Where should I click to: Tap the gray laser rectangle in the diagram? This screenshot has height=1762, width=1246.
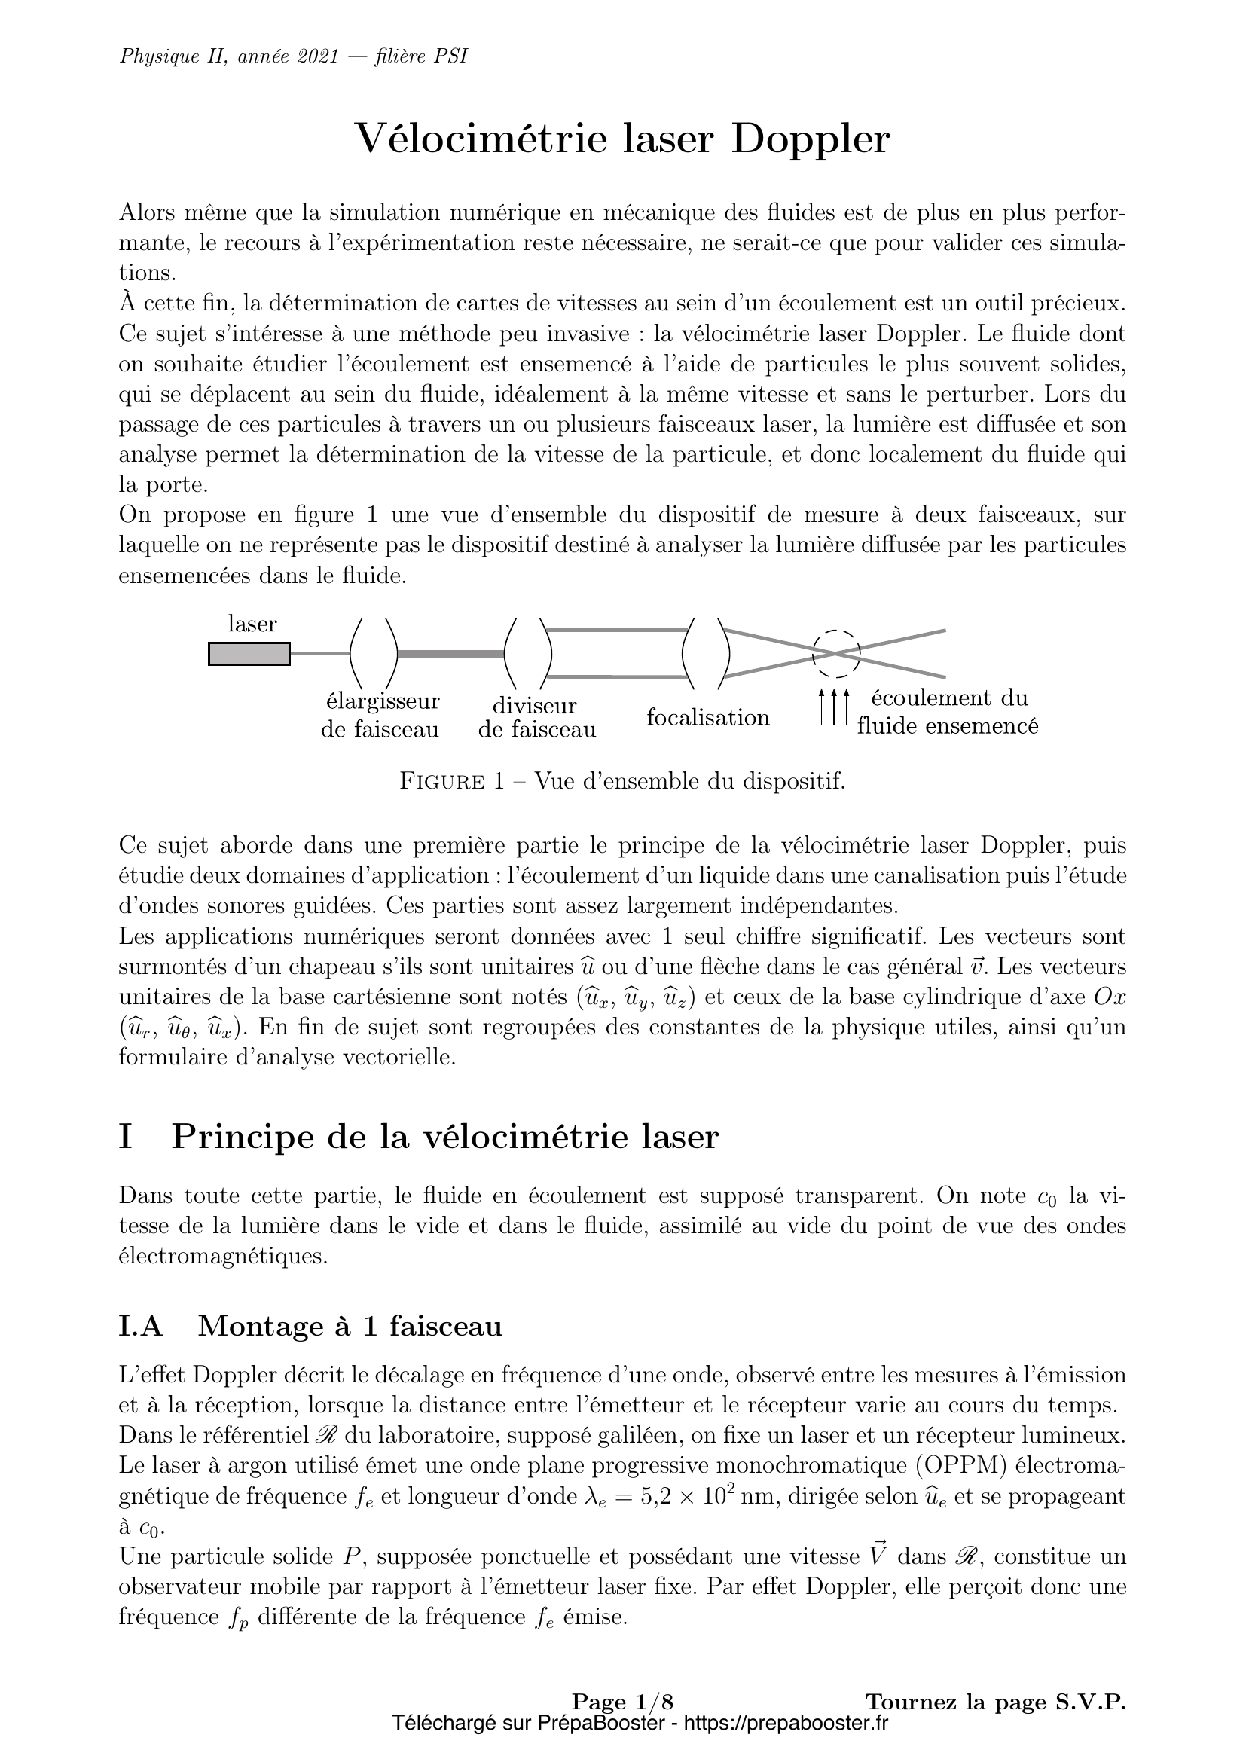coord(249,654)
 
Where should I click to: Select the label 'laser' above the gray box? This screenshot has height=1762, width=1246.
coord(252,624)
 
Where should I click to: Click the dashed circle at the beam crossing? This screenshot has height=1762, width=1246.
coord(836,654)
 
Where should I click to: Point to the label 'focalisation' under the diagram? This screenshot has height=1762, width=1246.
coord(707,719)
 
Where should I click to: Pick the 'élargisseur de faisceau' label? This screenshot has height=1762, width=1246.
coord(380,715)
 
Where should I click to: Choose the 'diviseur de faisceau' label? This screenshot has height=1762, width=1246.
coord(536,718)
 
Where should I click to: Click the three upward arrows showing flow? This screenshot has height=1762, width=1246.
coord(835,707)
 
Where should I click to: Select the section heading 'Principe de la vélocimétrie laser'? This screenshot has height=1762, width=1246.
coord(444,1137)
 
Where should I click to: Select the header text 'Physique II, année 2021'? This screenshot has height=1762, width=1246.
coord(229,56)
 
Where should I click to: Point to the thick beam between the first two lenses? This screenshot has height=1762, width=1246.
coord(450,654)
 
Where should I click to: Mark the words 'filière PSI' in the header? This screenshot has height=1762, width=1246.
coord(421,56)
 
